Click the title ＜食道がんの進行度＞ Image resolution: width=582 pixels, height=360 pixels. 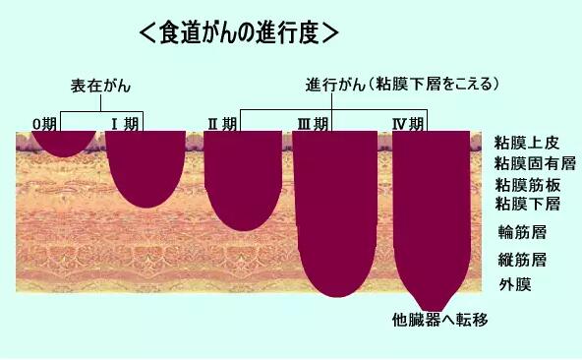pos(239,31)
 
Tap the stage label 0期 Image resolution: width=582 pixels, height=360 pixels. pos(44,123)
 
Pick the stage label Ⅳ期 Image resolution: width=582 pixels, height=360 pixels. pos(407,123)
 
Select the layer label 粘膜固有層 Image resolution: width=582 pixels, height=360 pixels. pos(535,163)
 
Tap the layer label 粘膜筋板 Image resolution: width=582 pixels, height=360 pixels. pos(526,185)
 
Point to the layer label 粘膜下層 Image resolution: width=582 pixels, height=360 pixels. pos(526,205)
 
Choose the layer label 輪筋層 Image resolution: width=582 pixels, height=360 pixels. pos(522,233)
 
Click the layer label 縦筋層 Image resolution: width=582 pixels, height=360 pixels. pos(522,261)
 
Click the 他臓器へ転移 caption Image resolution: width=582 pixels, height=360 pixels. pos(439,321)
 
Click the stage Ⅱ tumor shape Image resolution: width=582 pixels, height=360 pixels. pos(243,177)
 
